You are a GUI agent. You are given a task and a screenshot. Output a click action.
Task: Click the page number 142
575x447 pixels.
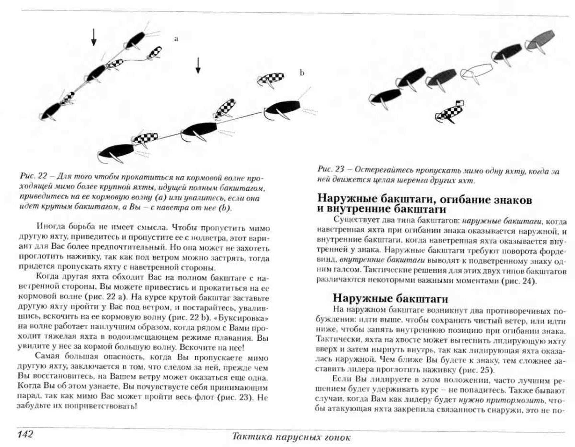(25, 434)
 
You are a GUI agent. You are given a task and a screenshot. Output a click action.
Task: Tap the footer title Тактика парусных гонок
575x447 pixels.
(291, 437)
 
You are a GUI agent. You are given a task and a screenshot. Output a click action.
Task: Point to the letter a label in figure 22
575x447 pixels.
(176, 39)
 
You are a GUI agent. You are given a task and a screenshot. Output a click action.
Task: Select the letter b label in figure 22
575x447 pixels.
(302, 73)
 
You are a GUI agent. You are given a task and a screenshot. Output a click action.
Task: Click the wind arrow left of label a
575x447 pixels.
(94, 37)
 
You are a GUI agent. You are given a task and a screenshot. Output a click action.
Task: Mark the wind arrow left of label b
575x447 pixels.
(198, 65)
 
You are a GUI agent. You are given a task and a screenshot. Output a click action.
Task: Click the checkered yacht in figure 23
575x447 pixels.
(449, 112)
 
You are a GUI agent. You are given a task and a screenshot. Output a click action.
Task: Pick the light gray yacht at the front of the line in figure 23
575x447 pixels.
(540, 40)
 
